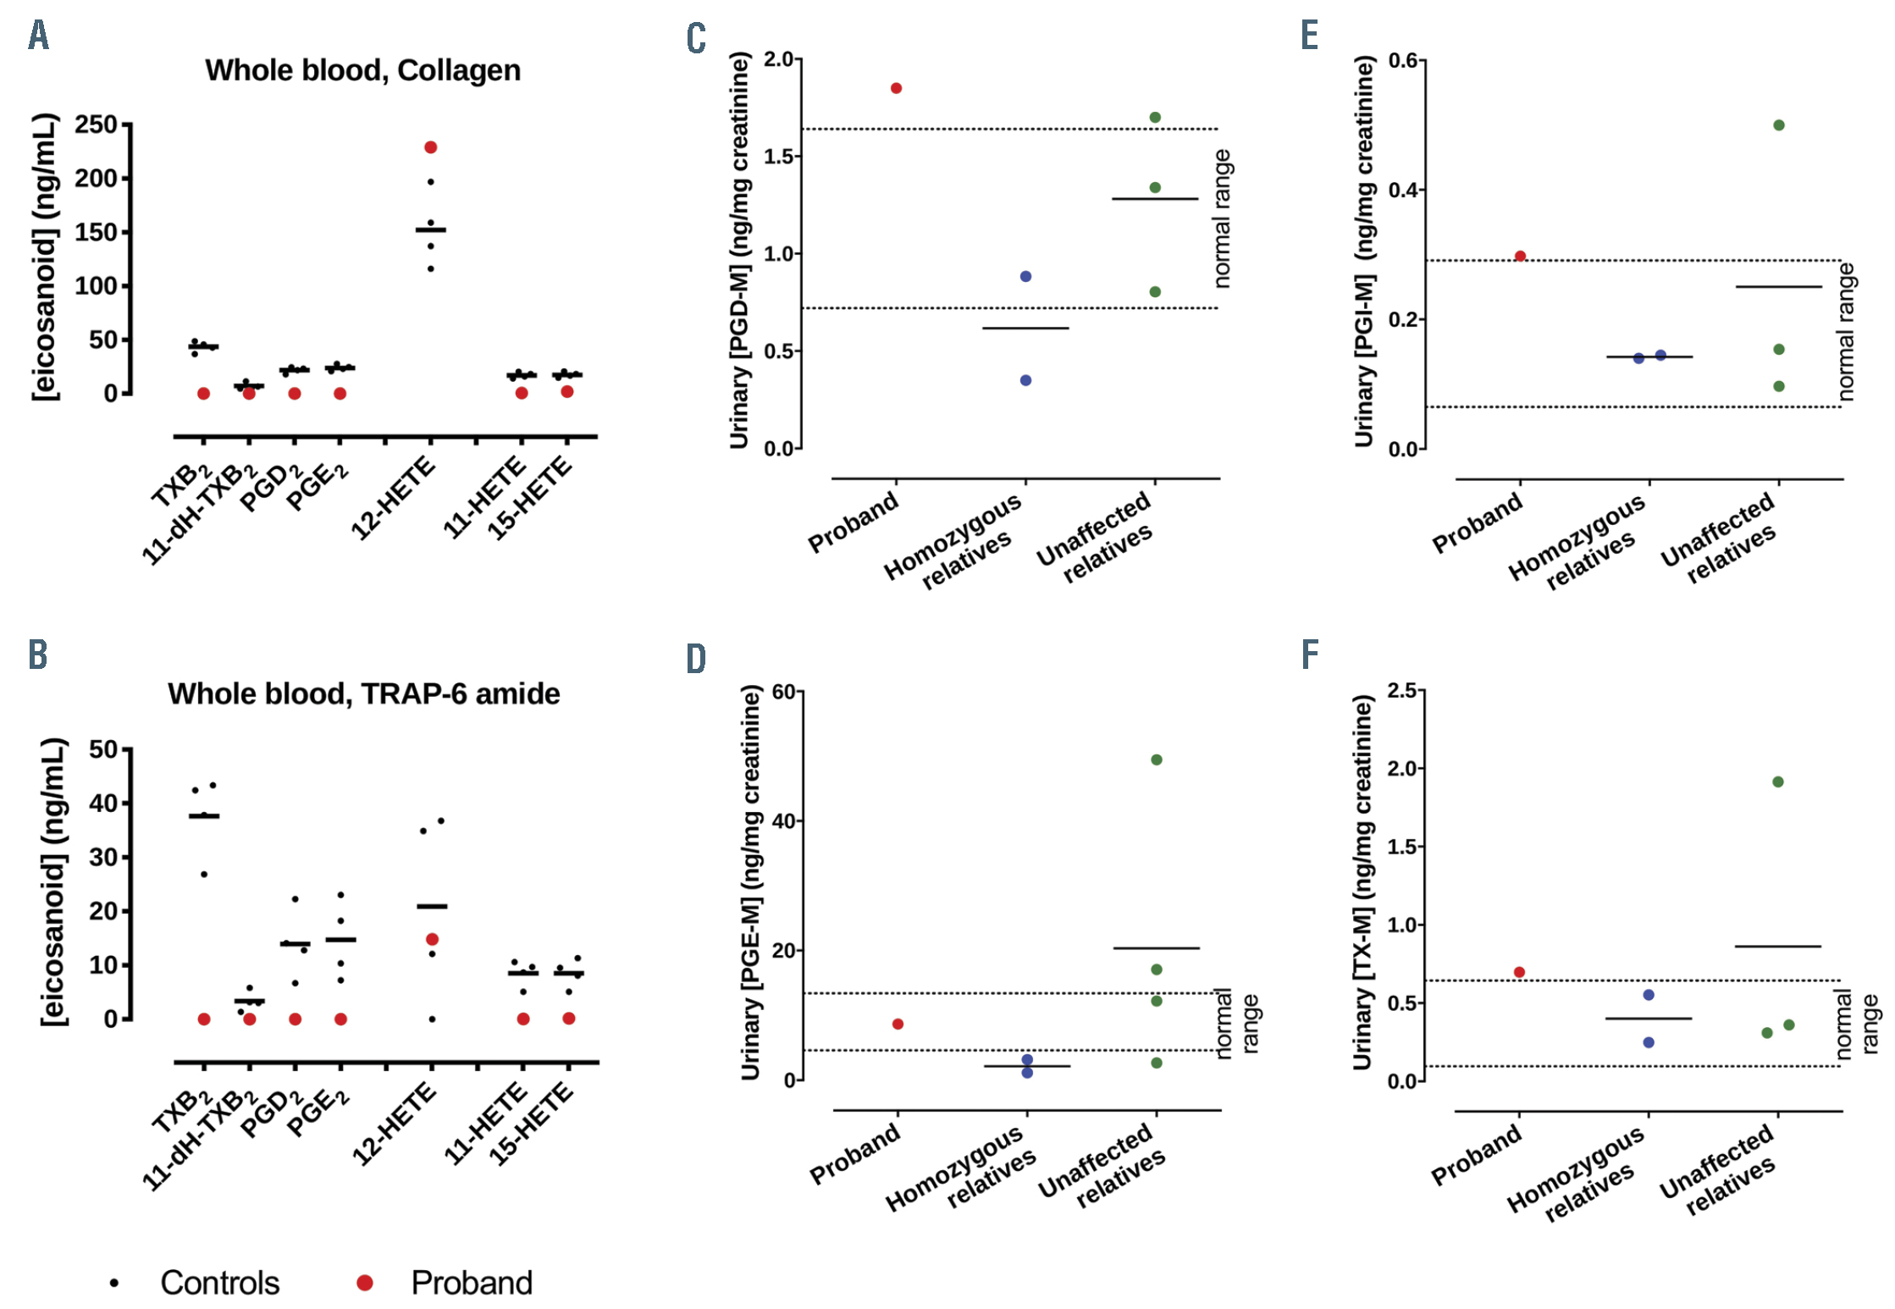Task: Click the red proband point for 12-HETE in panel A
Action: (x=430, y=147)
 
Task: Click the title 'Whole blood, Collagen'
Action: (x=362, y=70)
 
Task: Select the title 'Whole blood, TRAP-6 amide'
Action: (x=363, y=693)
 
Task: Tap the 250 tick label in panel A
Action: (x=96, y=124)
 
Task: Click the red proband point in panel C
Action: (x=896, y=88)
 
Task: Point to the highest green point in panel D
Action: (x=1156, y=759)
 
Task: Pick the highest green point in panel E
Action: (x=1778, y=125)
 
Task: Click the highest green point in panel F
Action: (x=1777, y=782)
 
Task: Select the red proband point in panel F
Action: (x=1519, y=972)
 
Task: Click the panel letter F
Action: (x=1309, y=654)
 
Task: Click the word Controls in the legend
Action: (x=219, y=1283)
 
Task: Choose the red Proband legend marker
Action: (x=365, y=1283)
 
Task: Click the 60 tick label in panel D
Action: (x=783, y=692)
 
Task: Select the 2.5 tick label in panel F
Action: (x=1402, y=690)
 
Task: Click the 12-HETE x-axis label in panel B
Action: (x=394, y=1124)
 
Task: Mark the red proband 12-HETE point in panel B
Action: (x=432, y=939)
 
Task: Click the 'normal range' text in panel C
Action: (x=1222, y=218)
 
